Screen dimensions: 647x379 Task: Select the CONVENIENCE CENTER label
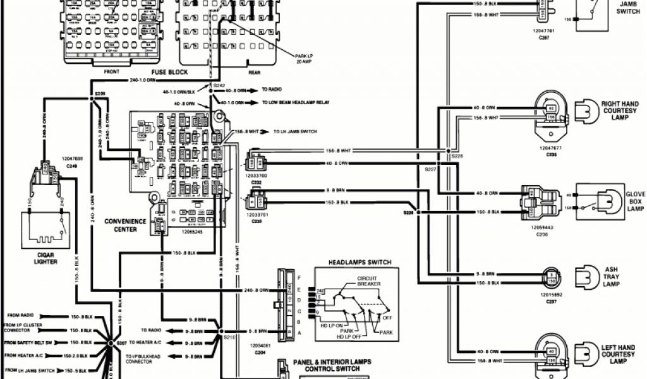tap(125, 226)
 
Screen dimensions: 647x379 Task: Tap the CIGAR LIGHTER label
tap(42, 257)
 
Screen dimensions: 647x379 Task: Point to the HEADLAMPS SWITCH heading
tap(360, 262)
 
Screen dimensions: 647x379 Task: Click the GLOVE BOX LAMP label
tap(635, 201)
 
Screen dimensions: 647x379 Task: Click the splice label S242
tap(219, 85)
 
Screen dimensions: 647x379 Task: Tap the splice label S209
tap(100, 93)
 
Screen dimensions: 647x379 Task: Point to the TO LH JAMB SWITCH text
tap(295, 131)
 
